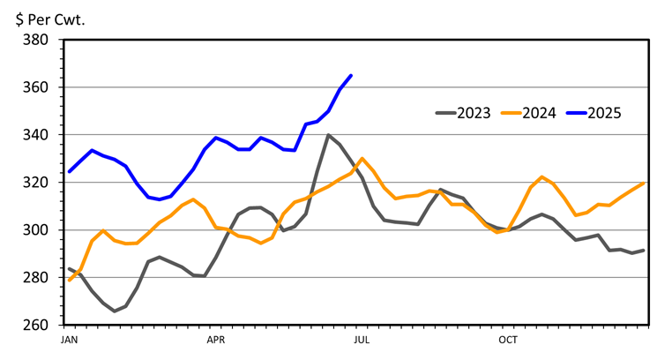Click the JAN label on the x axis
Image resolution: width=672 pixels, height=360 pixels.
[x=70, y=339]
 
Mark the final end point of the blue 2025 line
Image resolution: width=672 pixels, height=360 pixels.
[x=351, y=76]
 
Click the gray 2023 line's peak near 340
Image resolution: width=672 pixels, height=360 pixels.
[x=328, y=135]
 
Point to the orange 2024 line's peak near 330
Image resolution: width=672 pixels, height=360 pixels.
[x=362, y=159]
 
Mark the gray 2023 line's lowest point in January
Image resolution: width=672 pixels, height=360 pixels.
[x=115, y=311]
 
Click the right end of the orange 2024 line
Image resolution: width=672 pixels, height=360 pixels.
[x=646, y=183]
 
